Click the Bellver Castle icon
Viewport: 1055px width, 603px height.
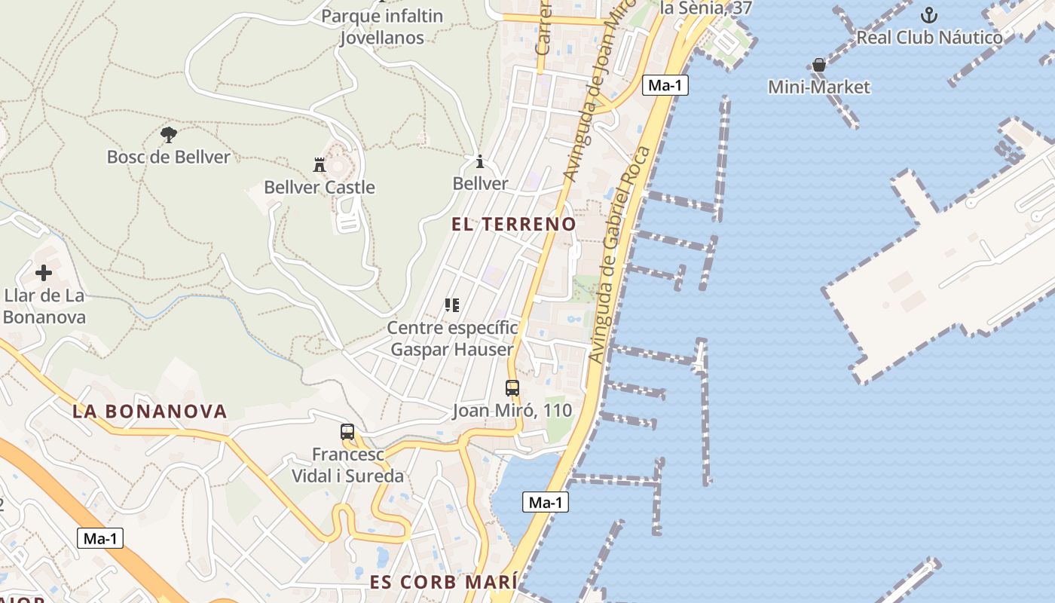(x=320, y=164)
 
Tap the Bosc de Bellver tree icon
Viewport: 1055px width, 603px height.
(x=169, y=135)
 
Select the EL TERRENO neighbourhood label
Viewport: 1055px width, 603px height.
(x=514, y=224)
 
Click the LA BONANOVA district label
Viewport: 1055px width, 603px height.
(x=150, y=411)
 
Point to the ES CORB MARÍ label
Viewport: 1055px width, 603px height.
(x=444, y=583)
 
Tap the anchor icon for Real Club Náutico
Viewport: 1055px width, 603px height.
(x=929, y=15)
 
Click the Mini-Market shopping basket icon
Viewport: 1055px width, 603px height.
(x=819, y=66)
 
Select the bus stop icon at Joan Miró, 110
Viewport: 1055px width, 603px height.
(x=512, y=388)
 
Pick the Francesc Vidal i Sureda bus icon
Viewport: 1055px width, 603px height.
(x=347, y=432)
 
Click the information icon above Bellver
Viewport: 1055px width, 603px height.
(x=480, y=161)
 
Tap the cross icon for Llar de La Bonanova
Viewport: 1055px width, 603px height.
(x=44, y=273)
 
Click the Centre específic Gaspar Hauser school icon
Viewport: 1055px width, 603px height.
(x=452, y=305)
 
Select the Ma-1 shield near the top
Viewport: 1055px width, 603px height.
(x=665, y=85)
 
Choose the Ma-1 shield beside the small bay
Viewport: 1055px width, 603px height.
(x=546, y=502)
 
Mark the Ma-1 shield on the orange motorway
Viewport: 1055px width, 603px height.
(x=100, y=538)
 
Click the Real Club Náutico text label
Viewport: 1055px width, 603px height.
(x=930, y=37)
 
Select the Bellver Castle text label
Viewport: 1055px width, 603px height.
(x=320, y=187)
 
